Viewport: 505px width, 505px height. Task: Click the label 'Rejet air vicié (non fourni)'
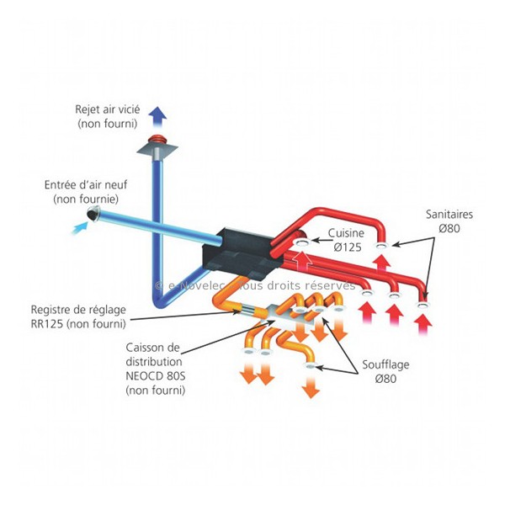point(108,116)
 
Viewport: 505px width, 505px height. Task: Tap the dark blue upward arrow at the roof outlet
point(157,117)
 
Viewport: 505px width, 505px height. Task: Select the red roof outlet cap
point(157,139)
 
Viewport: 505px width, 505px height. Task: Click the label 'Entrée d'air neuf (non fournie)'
point(86,192)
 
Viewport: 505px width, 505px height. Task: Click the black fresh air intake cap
point(93,213)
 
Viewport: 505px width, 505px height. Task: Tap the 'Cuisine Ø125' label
point(347,240)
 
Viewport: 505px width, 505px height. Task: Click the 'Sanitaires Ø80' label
point(449,221)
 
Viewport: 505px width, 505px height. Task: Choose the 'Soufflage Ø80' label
point(385,371)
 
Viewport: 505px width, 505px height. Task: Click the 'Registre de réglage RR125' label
point(78,316)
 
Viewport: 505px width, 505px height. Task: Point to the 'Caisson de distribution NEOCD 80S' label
point(156,369)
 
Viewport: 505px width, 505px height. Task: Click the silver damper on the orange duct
point(248,310)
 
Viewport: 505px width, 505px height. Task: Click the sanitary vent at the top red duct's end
point(381,247)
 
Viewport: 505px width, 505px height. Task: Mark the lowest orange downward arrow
point(311,386)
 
